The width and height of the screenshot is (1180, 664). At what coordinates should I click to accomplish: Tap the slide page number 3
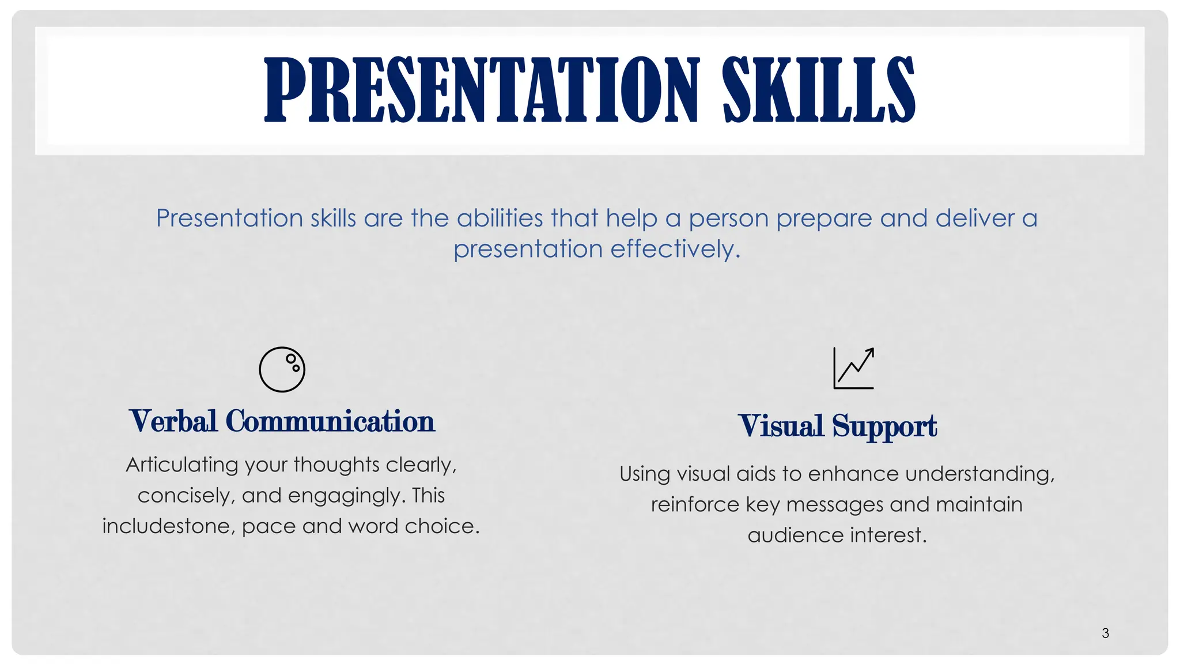pos(1105,633)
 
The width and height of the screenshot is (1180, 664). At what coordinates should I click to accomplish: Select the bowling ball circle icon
pos(282,369)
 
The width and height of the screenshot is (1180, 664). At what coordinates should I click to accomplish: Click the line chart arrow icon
pos(853,368)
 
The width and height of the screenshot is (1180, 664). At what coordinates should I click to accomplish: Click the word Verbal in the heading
pos(173,421)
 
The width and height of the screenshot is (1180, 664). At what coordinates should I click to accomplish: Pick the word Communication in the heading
pos(330,421)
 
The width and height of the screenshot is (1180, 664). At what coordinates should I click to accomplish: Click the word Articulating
pos(181,465)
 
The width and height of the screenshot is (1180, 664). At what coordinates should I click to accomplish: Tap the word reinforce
pos(695,504)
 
